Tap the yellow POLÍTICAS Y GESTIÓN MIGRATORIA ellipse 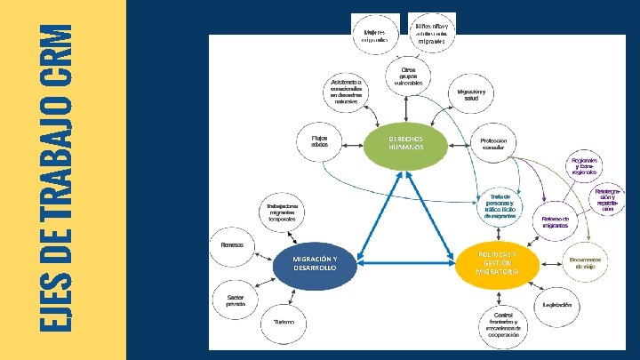click(x=496, y=263)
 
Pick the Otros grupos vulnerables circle click(x=407, y=76)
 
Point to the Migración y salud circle click(x=471, y=94)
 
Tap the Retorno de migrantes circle click(x=555, y=222)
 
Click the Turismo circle click(x=284, y=322)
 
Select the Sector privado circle click(x=236, y=299)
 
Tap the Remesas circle click(x=232, y=244)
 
